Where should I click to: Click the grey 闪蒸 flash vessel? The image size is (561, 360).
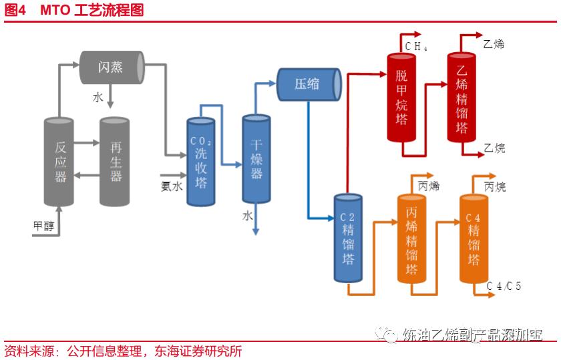pos(112,67)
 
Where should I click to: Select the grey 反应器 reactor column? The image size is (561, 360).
pos(60,162)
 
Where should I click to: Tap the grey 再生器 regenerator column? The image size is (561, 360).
pos(116,162)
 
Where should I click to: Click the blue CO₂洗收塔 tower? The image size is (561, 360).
pos(201,162)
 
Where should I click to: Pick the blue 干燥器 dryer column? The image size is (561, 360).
pos(256,158)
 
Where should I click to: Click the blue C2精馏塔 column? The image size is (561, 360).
pos(347,238)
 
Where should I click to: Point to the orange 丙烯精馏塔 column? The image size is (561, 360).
pos(411,238)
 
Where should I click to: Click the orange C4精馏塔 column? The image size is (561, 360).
pos(474,238)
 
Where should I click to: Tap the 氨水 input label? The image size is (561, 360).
pos(171,186)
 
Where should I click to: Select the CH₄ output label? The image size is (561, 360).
pos(415,46)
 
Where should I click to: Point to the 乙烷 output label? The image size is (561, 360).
pos(494,148)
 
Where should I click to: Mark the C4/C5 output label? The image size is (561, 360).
pos(504,286)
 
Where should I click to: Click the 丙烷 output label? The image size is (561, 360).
pos(495,186)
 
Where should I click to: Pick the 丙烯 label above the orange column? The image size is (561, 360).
pos(429,186)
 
